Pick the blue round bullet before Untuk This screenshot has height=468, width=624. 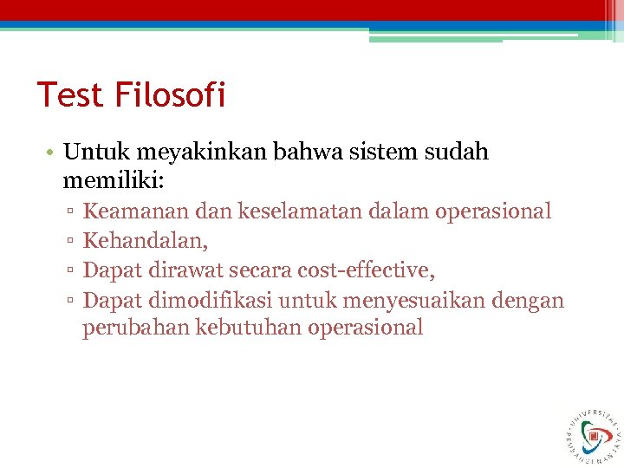[52, 153]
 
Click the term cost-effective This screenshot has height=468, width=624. [366, 270]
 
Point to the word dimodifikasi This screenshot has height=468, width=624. [209, 301]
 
